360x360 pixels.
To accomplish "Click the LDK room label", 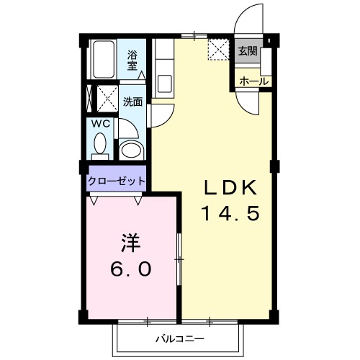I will point(228,189).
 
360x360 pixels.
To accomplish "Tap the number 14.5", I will point(229,214).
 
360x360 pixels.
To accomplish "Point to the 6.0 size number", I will point(131,269).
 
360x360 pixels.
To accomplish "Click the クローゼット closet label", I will point(117,181).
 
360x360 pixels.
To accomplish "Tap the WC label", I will point(100,123).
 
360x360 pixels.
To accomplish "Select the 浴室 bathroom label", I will point(133,59).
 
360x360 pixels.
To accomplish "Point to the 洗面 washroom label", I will point(132,102).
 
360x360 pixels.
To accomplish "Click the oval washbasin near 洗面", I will point(130,150).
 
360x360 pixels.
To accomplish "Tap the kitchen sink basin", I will point(163,83).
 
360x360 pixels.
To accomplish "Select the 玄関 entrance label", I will point(248,51).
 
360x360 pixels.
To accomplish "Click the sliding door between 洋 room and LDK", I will point(180,259).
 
